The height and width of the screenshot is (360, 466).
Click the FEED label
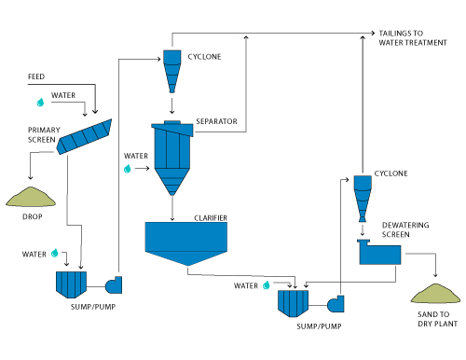[36, 76]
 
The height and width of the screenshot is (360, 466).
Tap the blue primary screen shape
[84, 137]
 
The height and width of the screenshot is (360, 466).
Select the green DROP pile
[31, 197]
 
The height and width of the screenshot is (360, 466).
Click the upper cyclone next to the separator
[172, 72]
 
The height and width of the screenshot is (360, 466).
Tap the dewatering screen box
[379, 252]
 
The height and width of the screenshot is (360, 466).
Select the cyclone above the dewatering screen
[363, 199]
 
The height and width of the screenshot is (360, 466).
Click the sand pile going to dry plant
[435, 294]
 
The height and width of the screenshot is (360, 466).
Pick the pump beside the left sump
[114, 284]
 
